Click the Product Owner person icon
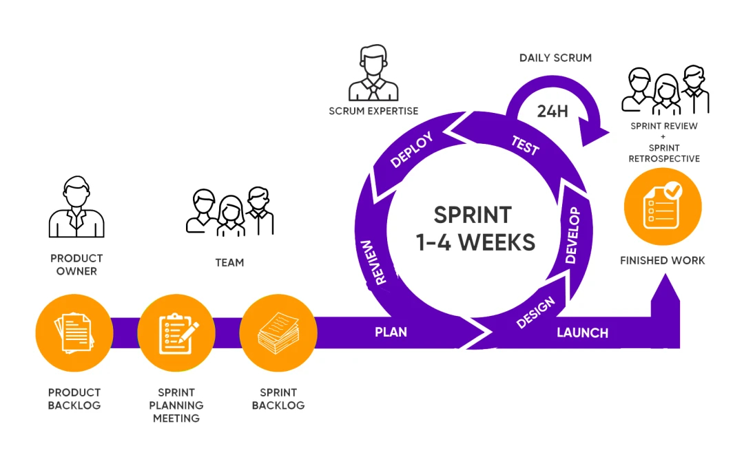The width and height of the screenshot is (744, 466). pyautogui.click(x=76, y=208)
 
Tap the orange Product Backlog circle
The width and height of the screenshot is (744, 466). pyautogui.click(x=74, y=332)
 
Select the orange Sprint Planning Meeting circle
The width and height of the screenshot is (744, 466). pyautogui.click(x=176, y=332)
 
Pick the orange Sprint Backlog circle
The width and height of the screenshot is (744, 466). pyautogui.click(x=278, y=332)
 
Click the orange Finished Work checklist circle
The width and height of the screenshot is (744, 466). pyautogui.click(x=662, y=207)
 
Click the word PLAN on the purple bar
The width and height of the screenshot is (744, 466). pyautogui.click(x=391, y=332)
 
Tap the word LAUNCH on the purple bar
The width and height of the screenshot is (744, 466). pyautogui.click(x=582, y=333)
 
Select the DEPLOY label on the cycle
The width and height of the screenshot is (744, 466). pyautogui.click(x=411, y=150)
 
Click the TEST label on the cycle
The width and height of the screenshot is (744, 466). pyautogui.click(x=525, y=145)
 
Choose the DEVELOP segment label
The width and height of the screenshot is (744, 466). pyautogui.click(x=572, y=235)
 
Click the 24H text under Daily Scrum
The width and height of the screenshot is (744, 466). pyautogui.click(x=552, y=111)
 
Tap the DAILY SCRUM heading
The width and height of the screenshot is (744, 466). pyautogui.click(x=555, y=58)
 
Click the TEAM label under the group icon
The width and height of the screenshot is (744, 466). pyautogui.click(x=229, y=262)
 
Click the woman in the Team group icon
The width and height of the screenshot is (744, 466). pyautogui.click(x=230, y=215)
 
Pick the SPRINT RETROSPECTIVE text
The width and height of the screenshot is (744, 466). pyautogui.click(x=664, y=153)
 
